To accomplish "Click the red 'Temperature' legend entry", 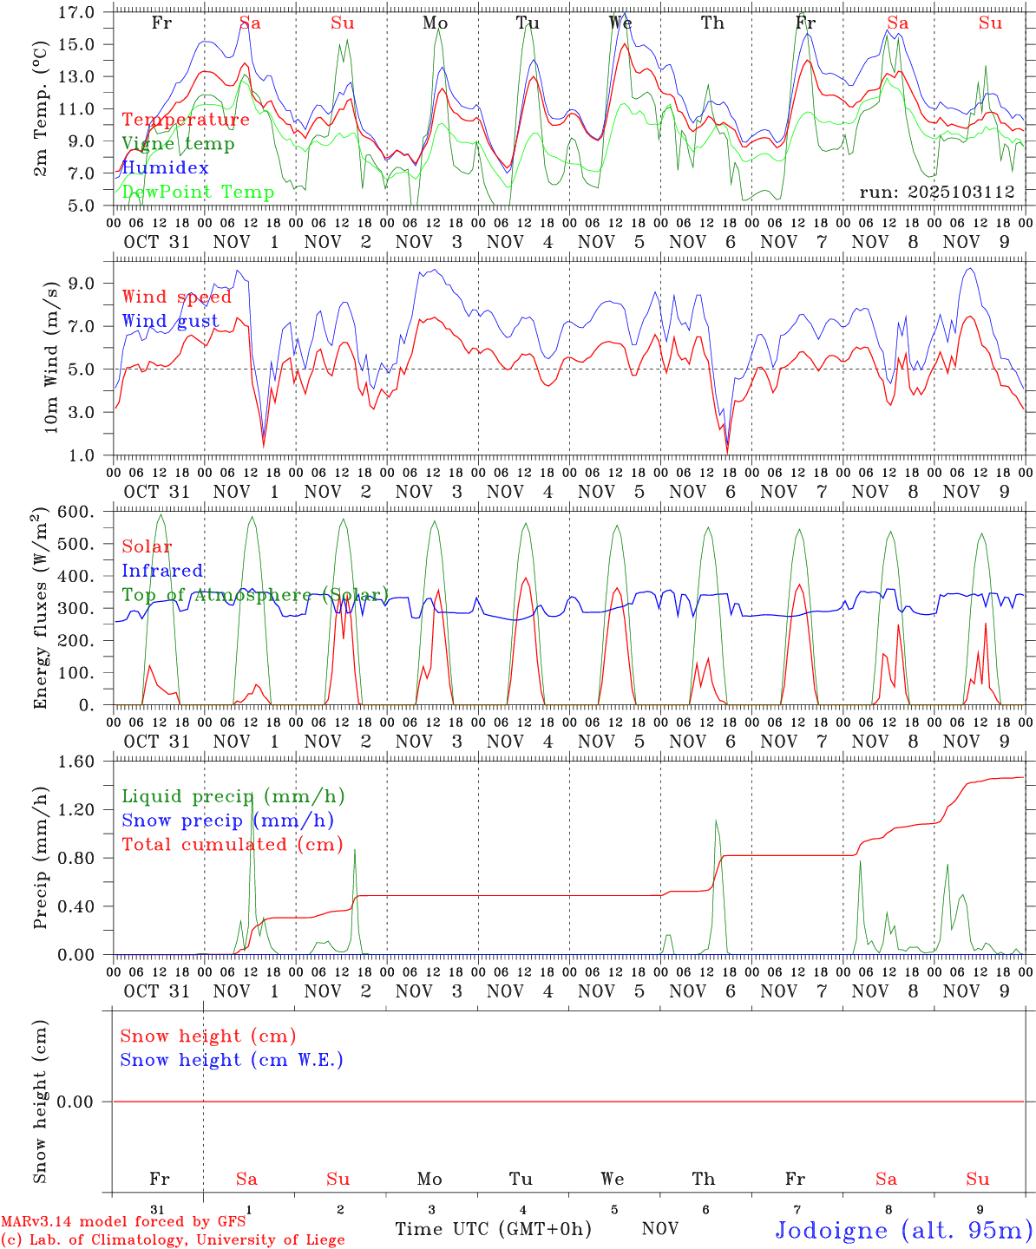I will coord(186,120).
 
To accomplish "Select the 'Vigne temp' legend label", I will coord(178,144).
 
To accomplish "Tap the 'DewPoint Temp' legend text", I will coord(198,193).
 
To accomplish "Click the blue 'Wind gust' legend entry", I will coord(170,321).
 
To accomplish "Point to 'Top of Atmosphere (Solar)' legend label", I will coord(255,595).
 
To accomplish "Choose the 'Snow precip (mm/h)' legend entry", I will coord(227,821).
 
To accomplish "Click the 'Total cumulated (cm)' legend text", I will coord(233,845).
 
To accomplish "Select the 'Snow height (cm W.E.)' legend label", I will coord(232,1060).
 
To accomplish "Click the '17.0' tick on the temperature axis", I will coord(76,13).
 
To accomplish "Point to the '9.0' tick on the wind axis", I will coord(82,284).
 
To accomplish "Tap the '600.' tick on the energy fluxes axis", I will coord(76,513).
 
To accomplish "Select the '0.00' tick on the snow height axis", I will coord(75,1102).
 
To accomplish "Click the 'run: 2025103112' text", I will coord(937,193).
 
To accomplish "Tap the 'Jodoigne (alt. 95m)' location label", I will coord(903,1230).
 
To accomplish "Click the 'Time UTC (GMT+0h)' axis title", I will coord(493,1229).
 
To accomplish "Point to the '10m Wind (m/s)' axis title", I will coord(50,356).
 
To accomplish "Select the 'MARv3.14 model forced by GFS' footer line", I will coord(124,1221).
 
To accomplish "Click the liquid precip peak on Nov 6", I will coord(716,821).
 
